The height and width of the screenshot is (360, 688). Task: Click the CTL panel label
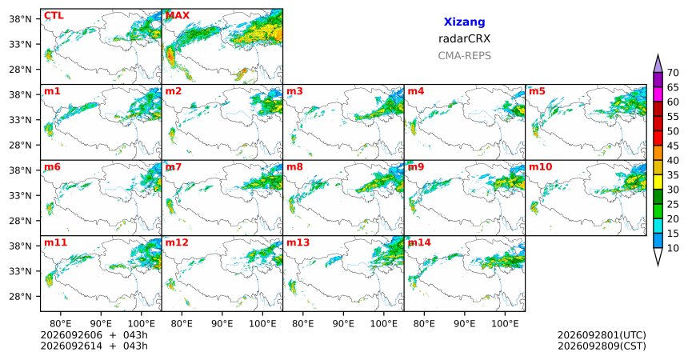click(54, 16)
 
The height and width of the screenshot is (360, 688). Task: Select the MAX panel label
click(178, 16)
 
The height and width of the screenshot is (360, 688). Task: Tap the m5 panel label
click(537, 91)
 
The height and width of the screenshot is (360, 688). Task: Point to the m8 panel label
click(294, 167)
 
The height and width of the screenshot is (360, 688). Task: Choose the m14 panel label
click(419, 242)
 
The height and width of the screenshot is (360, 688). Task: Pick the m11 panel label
click(55, 242)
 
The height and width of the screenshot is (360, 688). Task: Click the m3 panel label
click(294, 91)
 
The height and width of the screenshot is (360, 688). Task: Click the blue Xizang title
click(464, 22)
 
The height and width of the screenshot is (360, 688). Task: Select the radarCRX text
click(464, 38)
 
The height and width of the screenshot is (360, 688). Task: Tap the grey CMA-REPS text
click(464, 56)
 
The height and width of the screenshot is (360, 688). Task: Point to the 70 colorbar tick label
click(673, 73)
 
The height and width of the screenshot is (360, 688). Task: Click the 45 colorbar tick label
click(673, 146)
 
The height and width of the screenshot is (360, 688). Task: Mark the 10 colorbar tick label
click(673, 248)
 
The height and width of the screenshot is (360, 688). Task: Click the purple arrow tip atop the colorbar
click(658, 55)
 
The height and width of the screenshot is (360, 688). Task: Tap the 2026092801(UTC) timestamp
click(602, 335)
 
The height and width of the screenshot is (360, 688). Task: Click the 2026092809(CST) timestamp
click(602, 346)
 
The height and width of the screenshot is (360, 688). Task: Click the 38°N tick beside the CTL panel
click(21, 19)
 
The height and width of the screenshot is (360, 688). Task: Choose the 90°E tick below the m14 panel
click(464, 324)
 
